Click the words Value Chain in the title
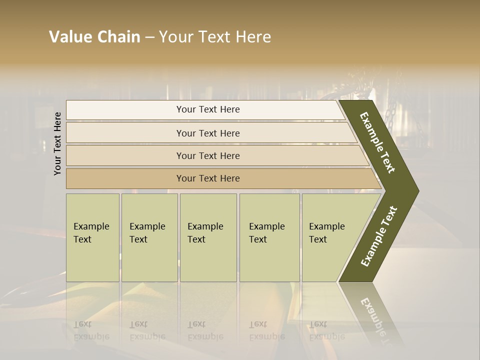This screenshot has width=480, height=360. pyautogui.click(x=94, y=37)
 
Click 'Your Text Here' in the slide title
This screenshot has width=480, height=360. pyautogui.click(x=215, y=37)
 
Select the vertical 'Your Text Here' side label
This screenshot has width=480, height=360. pyautogui.click(x=57, y=143)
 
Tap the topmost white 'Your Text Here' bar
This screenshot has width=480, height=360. pyautogui.click(x=208, y=109)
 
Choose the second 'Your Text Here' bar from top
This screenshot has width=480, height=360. pyautogui.click(x=208, y=133)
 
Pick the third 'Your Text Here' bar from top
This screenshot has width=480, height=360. pyautogui.click(x=208, y=155)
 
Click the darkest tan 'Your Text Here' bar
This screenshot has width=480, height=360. pyautogui.click(x=208, y=178)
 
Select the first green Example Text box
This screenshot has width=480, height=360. pyautogui.click(x=92, y=237)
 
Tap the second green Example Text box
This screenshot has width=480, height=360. pyautogui.click(x=149, y=237)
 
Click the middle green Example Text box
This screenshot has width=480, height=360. pyautogui.click(x=208, y=237)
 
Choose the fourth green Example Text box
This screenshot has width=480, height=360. pyautogui.click(x=269, y=237)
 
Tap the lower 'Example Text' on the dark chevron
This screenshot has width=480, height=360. pyautogui.click(x=379, y=236)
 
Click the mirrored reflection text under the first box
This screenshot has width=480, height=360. pyautogui.click(x=91, y=330)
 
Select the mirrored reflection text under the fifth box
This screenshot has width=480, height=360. pyautogui.click(x=327, y=330)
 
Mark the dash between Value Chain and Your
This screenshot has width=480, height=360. pyautogui.click(x=149, y=37)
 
